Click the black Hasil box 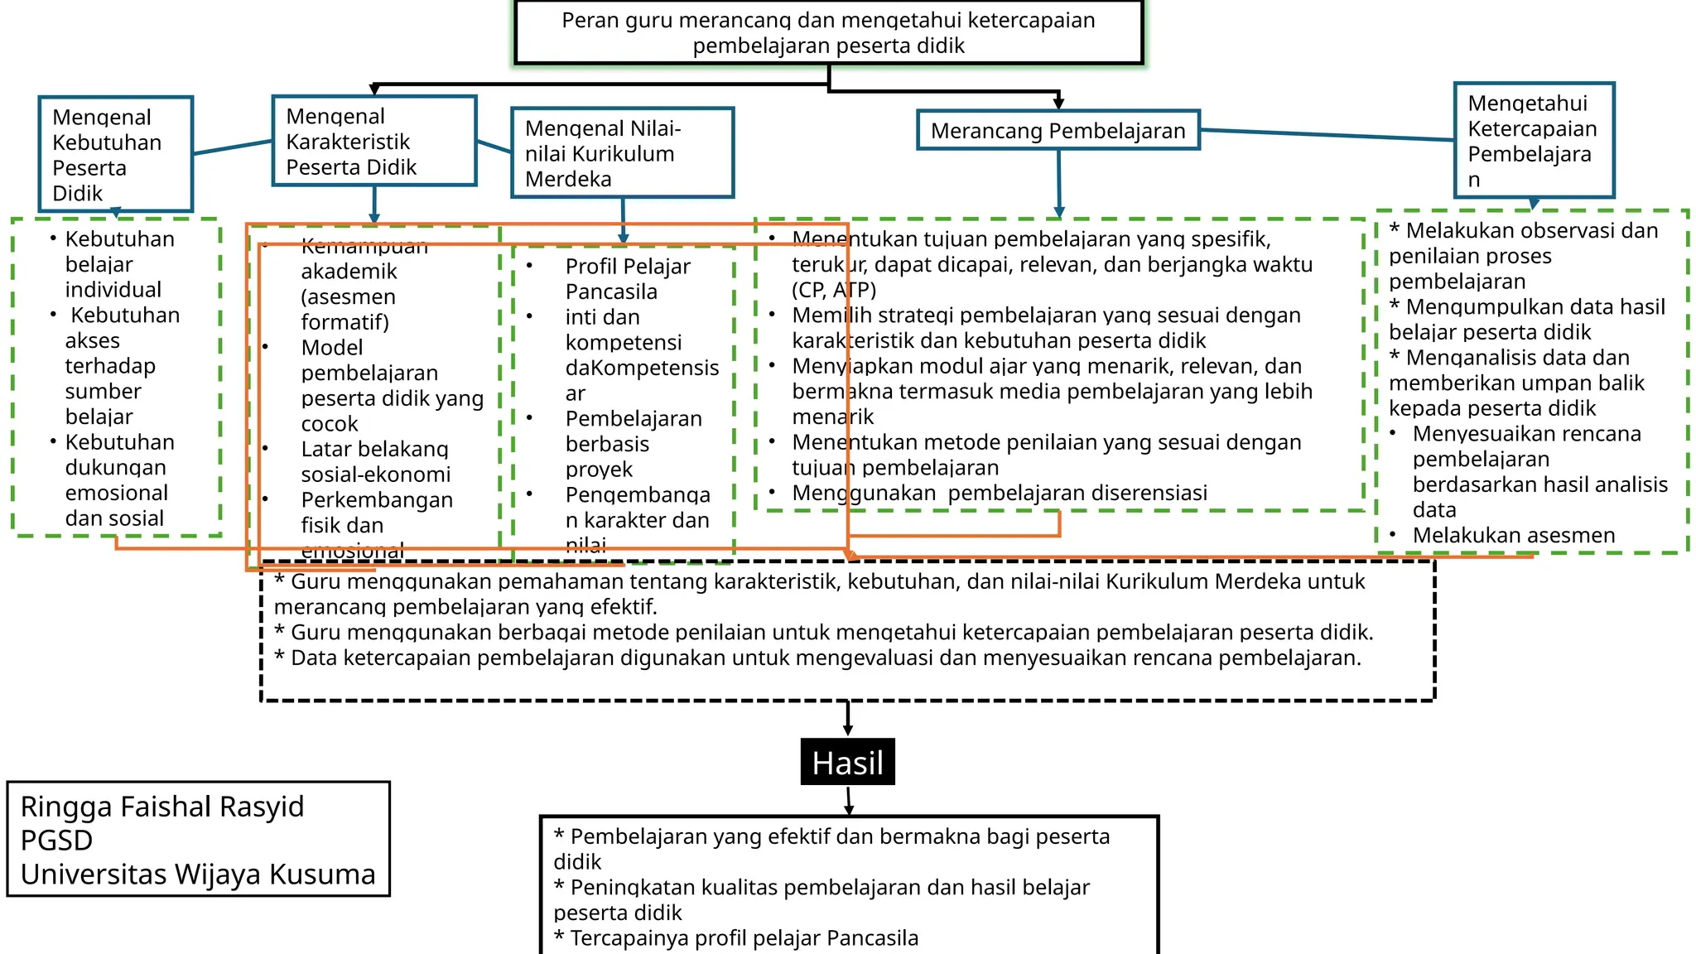847,762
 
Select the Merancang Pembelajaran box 1058,131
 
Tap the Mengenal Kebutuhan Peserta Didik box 115,154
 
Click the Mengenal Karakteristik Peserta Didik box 373,142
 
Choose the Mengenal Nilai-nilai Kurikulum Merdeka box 622,153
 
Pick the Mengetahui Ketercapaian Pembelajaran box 1534,141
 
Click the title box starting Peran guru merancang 828,32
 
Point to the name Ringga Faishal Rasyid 162,807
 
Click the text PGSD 56,841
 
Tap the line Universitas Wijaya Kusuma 198,874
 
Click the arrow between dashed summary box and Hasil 847,719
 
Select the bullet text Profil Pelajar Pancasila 627,279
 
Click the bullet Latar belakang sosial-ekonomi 375,462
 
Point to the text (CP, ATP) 833,290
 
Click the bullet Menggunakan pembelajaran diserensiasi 999,494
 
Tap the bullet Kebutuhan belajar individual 119,264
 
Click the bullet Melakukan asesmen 1513,536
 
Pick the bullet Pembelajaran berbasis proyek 633,444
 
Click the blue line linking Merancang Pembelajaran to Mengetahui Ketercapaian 1325,135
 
